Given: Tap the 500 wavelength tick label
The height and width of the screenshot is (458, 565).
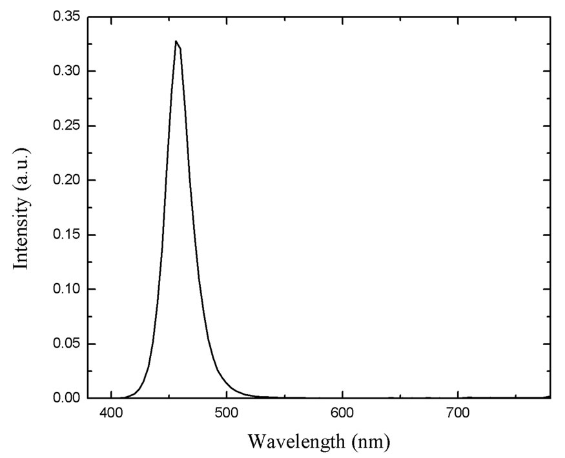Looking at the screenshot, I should tap(227, 412).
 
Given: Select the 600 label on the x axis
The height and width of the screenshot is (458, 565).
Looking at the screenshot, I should tap(342, 412).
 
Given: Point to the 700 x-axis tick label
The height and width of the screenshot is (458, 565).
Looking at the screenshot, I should tap(458, 412).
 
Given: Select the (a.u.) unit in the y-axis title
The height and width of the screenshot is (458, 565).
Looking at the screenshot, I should tap(23, 167).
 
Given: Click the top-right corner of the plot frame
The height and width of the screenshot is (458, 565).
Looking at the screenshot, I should tap(550, 17).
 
